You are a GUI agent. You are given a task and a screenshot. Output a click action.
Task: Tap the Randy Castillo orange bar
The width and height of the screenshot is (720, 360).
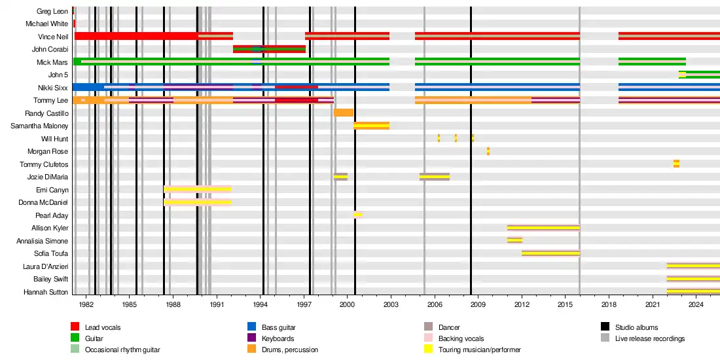343,113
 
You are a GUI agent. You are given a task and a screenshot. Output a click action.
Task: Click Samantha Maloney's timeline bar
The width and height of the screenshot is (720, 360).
371,126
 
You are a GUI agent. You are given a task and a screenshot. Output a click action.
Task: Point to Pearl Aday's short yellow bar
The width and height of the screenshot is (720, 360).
357,215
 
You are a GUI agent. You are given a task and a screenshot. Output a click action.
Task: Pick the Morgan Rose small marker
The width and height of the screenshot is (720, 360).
488,151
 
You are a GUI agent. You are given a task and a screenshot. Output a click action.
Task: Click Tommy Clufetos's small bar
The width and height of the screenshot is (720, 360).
676,164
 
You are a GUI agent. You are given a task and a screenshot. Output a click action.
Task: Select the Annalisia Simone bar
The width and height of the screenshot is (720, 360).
514,240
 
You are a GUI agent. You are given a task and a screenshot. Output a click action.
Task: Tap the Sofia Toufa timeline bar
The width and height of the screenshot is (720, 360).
550,253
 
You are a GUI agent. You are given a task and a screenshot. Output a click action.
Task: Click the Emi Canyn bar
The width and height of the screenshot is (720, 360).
197,189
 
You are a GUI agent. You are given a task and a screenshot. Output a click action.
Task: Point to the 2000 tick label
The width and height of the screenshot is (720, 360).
347,305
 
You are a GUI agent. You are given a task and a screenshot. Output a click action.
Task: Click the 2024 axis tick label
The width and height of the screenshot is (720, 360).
696,305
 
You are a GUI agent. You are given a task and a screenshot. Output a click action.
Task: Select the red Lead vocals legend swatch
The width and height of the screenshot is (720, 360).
75,327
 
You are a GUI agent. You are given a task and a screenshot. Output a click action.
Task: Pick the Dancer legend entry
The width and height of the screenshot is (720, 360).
448,327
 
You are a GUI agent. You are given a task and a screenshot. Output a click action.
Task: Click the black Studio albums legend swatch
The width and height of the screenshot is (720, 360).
605,327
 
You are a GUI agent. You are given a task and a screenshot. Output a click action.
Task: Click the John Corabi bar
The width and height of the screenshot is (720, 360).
269,49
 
